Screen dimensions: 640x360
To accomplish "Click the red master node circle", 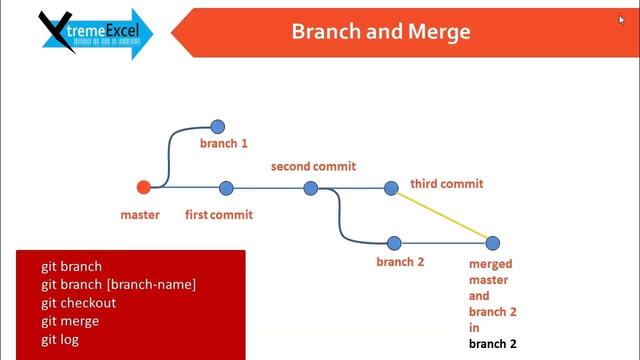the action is [x=143, y=187].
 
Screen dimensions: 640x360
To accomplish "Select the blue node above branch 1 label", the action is [x=217, y=127].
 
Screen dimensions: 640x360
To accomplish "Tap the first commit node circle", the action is [x=226, y=188].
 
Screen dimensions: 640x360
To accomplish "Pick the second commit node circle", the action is [x=310, y=188].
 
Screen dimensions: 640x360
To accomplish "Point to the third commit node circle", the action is [x=391, y=188].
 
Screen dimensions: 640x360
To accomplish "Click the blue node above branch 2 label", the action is [x=394, y=243].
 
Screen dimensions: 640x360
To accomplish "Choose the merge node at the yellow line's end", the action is [x=492, y=243].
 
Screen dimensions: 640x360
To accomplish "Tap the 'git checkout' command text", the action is [x=78, y=303].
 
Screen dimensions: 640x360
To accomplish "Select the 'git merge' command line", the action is [x=70, y=321].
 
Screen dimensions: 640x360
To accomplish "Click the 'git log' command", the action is [x=60, y=339].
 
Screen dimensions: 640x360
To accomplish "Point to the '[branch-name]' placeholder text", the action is [x=151, y=284].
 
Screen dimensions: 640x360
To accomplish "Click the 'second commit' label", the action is [x=313, y=166].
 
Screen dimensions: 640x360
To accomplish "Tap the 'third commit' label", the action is [x=447, y=183].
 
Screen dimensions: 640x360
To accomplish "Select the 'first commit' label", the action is [x=219, y=215].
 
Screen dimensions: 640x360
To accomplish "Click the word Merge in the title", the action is [x=439, y=32].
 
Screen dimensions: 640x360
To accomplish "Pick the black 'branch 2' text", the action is [x=492, y=343].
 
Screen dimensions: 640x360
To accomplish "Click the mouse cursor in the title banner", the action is [x=621, y=19].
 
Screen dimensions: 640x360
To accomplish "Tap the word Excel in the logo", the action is [x=122, y=30].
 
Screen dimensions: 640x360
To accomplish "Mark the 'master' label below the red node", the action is [x=140, y=215].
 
